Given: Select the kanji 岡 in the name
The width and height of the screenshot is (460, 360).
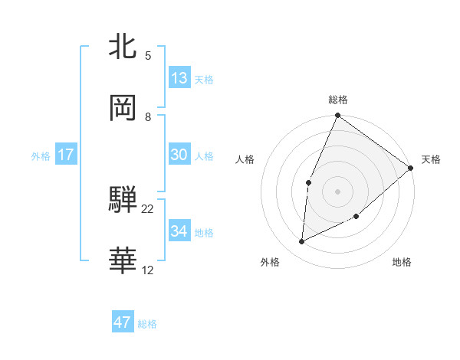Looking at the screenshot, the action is [123, 109].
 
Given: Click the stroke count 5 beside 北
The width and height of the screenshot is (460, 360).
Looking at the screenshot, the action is [148, 55].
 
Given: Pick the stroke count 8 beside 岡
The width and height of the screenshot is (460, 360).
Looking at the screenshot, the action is [148, 116].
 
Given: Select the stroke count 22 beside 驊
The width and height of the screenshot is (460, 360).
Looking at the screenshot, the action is [148, 208].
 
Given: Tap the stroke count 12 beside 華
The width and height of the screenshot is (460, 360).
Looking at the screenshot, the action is [148, 270].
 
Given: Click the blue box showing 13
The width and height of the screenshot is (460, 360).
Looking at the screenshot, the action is [179, 77].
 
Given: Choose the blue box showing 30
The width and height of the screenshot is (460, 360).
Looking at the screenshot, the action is [179, 154].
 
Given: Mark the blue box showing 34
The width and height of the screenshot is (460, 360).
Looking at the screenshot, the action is [179, 231].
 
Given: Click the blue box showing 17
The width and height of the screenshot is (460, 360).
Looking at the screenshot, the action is [66, 154].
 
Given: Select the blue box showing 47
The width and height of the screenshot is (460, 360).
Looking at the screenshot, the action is [123, 322].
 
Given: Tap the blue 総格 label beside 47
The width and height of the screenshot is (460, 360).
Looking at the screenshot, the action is [147, 324].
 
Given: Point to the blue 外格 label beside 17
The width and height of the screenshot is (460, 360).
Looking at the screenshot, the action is [41, 155].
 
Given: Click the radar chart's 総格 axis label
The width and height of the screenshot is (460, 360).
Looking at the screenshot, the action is [338, 100].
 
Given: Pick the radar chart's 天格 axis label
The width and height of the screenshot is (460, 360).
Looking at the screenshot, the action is [431, 159].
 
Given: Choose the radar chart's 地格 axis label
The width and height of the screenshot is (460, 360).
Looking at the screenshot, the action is [402, 262].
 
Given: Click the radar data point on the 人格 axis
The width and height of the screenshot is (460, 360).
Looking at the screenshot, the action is [308, 182].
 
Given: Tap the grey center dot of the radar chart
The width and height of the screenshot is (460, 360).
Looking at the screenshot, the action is [337, 191].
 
